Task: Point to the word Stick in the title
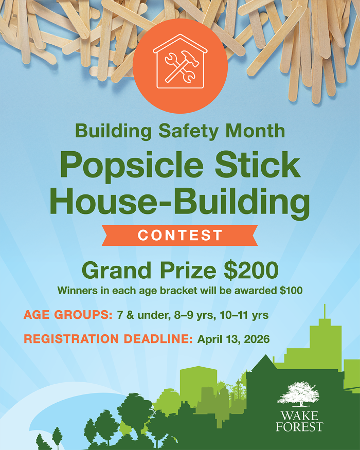click(x=259, y=166)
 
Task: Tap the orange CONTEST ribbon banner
click(x=180, y=236)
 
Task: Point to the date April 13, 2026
click(x=233, y=339)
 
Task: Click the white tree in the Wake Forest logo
click(x=298, y=393)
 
